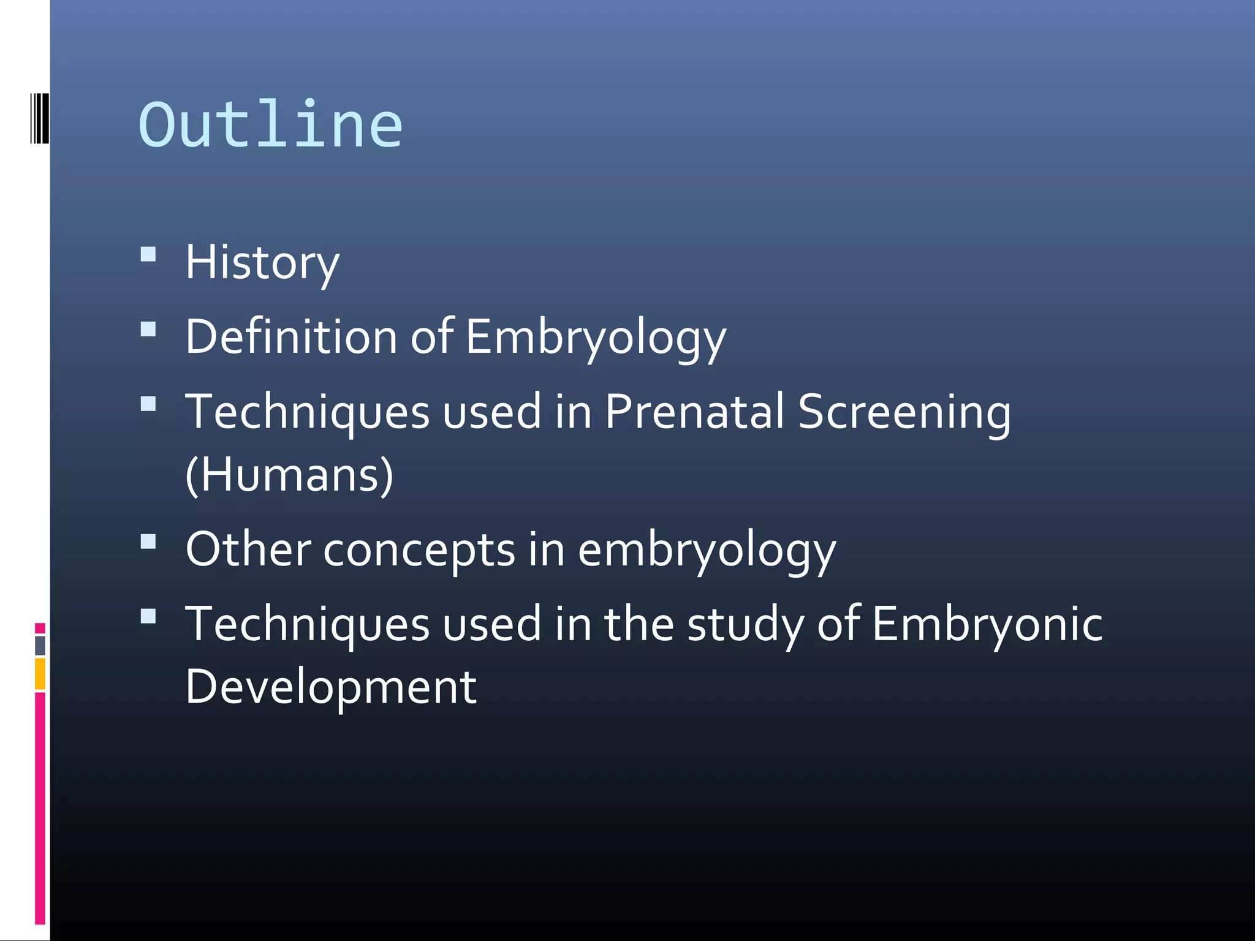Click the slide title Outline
click(270, 125)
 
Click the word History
click(262, 263)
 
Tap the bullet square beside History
click(148, 254)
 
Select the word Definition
click(291, 336)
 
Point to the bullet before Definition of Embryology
click(148, 330)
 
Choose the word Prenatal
click(694, 411)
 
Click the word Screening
click(904, 412)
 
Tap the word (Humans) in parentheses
click(289, 475)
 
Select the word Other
click(248, 549)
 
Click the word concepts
click(419, 550)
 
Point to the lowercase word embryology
click(707, 550)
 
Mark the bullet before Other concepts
click(148, 542)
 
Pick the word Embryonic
click(987, 624)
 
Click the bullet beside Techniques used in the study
click(148, 616)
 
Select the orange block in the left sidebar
click(40, 674)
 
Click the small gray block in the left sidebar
click(40, 645)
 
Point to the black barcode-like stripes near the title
click(39, 119)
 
